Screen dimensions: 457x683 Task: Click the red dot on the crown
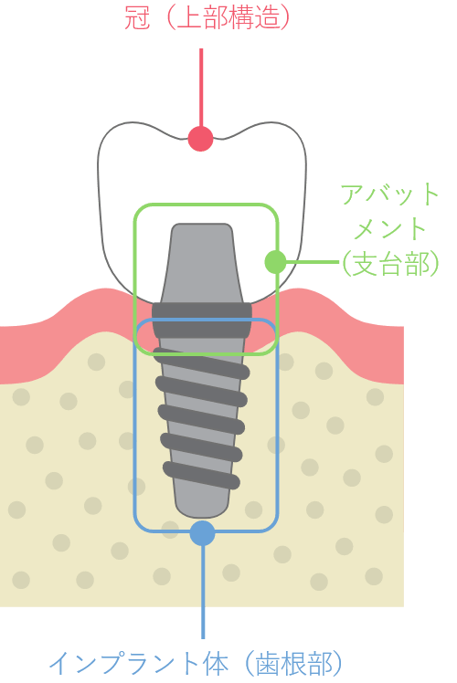(x=200, y=139)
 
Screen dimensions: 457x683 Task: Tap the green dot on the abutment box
(x=276, y=262)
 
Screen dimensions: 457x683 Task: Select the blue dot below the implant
(x=203, y=533)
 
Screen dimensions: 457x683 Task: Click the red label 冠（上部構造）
(x=207, y=18)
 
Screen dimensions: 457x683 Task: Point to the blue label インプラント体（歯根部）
(x=196, y=664)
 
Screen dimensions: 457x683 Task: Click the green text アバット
(x=389, y=194)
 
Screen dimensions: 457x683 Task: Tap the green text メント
(x=389, y=228)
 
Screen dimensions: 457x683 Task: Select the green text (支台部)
(x=390, y=264)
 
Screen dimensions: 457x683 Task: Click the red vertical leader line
(x=201, y=88)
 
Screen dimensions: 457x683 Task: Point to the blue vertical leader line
(x=203, y=592)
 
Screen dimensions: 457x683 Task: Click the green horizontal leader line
(x=313, y=262)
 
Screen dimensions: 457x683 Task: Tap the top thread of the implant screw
(x=201, y=363)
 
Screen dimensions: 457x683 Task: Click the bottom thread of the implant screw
(x=201, y=475)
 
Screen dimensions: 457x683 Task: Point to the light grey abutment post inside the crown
(x=202, y=263)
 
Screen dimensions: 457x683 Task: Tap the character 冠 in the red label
(x=137, y=18)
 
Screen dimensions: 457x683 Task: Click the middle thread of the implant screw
(x=201, y=419)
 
